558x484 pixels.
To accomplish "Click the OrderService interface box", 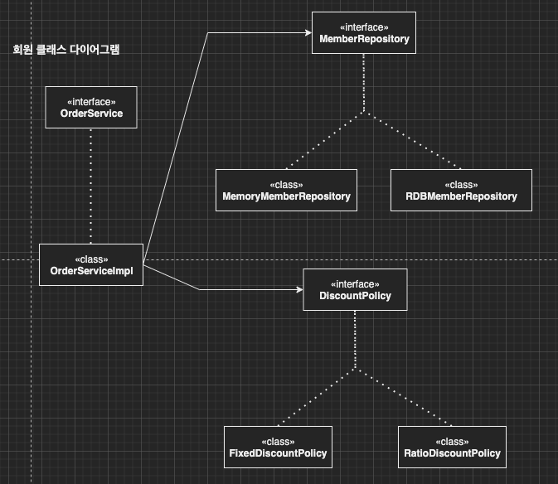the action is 91,108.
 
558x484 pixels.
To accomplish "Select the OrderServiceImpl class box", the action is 91,265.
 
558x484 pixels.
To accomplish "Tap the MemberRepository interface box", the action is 364,33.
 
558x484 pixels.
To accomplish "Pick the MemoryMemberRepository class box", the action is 286,190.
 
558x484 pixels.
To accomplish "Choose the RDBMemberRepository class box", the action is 461,190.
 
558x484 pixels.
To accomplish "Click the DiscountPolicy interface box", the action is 355,289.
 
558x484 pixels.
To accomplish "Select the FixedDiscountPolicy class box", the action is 278,447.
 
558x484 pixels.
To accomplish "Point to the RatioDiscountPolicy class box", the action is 451,447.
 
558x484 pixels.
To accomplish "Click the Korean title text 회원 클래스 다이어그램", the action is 67,50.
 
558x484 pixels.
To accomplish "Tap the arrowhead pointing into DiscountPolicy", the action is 300,289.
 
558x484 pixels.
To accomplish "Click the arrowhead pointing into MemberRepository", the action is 307,33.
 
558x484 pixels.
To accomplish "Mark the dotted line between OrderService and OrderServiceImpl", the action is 91,186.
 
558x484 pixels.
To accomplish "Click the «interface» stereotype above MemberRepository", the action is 364,27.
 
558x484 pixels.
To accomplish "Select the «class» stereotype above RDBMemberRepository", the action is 461,184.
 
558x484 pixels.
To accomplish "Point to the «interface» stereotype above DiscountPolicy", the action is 355,283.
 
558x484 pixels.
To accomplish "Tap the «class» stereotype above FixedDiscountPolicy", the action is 278,441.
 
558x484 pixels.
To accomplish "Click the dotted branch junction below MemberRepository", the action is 364,113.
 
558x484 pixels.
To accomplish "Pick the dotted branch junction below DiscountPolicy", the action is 355,369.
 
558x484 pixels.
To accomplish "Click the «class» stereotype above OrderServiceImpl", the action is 91,259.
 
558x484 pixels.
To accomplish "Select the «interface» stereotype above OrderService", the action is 91,101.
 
